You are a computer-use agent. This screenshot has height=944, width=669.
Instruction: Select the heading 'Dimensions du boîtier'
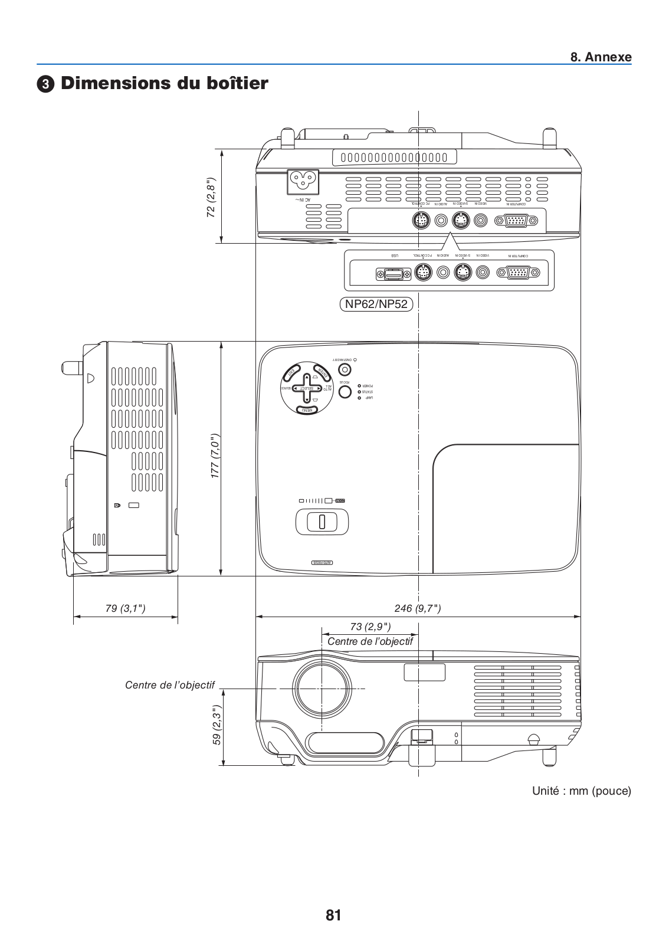[x=164, y=83]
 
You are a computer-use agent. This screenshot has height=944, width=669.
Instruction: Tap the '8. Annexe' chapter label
[x=601, y=57]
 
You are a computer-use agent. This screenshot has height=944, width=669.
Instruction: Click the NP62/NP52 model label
[x=376, y=304]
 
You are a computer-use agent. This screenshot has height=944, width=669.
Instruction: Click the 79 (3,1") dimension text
[x=125, y=608]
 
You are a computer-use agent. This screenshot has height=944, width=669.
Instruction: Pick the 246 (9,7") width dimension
[x=418, y=608]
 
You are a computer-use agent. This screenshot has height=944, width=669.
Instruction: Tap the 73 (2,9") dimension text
[x=370, y=626]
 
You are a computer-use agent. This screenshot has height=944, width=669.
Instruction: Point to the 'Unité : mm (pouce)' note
[x=581, y=791]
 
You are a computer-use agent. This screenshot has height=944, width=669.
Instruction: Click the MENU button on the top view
[x=306, y=409]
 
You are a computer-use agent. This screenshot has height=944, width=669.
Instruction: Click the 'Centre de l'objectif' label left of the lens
[x=170, y=685]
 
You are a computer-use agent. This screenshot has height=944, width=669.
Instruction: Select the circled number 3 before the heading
[x=44, y=84]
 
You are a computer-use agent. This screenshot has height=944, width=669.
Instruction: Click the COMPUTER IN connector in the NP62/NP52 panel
[x=517, y=273]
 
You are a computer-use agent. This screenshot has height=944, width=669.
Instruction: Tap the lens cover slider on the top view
[x=322, y=522]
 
